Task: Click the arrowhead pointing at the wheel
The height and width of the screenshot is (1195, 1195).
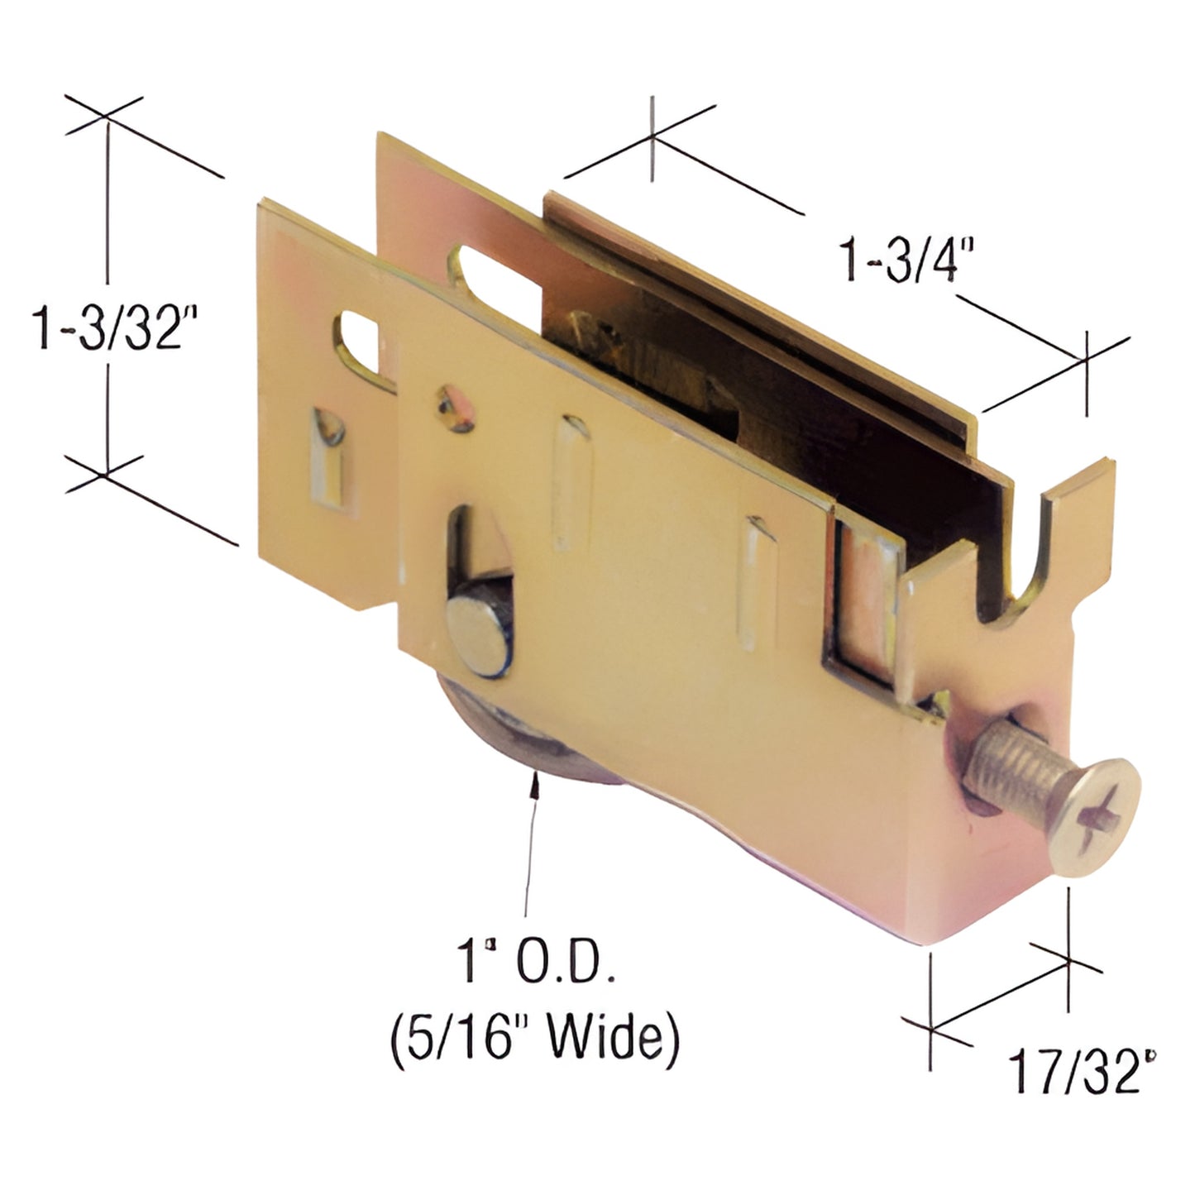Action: coord(538,781)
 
